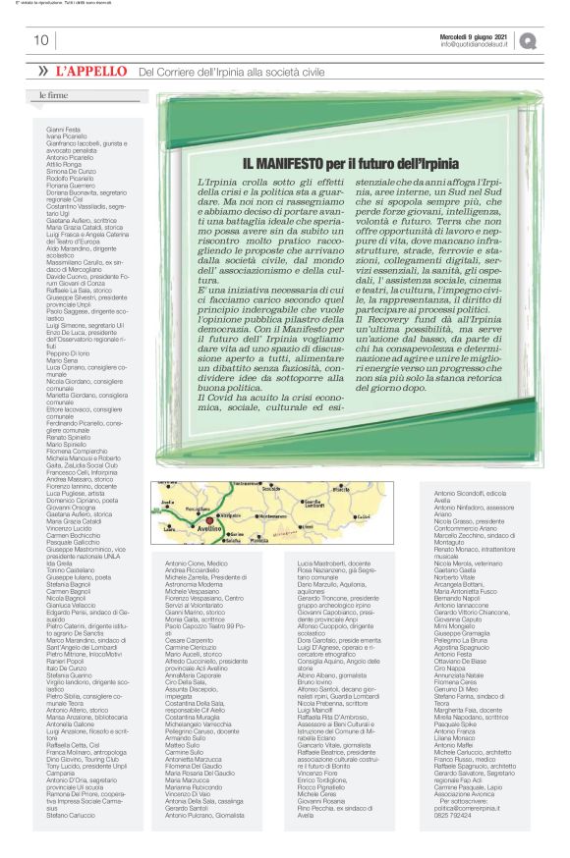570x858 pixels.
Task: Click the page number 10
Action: point(41,40)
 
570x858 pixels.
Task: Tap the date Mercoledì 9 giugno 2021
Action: point(474,36)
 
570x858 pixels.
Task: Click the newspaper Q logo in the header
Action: point(530,40)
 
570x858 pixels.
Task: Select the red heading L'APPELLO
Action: point(91,72)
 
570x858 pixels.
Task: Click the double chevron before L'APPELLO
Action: point(43,72)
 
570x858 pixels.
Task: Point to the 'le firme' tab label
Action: point(53,95)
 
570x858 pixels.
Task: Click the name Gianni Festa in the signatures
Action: point(63,129)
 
